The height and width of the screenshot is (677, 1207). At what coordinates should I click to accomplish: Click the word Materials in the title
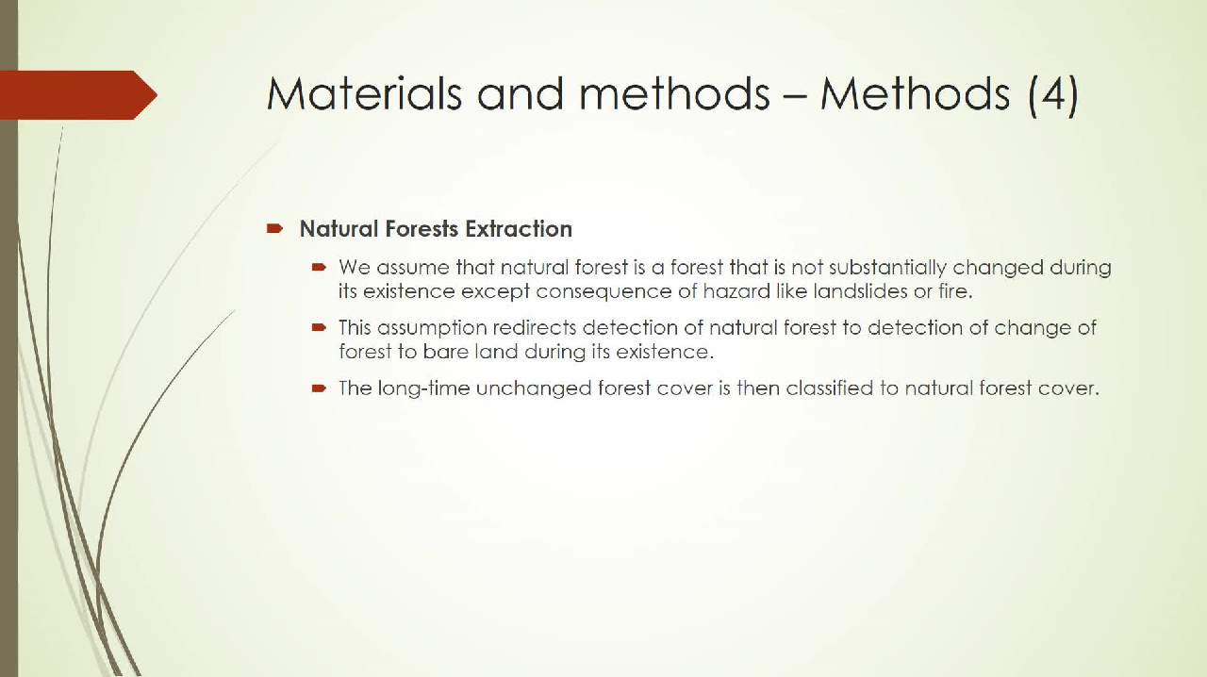point(364,93)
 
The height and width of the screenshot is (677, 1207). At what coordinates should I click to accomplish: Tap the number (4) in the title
point(1053,95)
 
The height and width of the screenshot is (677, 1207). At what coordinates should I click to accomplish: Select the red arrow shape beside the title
point(78,95)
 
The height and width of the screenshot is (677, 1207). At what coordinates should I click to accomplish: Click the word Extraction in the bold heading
point(519,229)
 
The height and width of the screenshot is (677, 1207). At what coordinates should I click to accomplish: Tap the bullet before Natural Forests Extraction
point(274,229)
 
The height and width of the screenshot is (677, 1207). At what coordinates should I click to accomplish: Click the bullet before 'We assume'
point(319,267)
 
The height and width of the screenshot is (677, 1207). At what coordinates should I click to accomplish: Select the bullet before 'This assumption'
point(319,327)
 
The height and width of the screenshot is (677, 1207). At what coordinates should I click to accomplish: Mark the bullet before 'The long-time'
point(319,388)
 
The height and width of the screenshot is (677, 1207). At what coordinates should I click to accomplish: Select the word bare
point(445,352)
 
